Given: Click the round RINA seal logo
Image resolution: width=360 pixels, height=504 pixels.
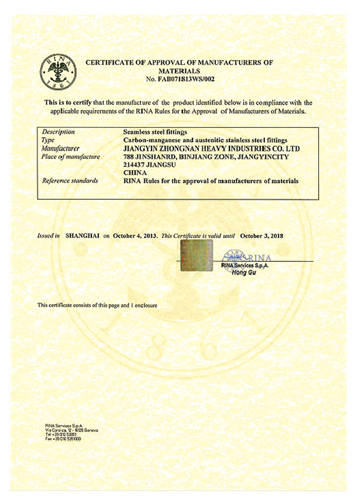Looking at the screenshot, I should coord(58,74).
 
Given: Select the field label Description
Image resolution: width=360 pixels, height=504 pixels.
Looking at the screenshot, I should coord(58,132).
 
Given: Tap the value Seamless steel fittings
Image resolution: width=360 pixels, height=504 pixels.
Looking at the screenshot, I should coord(155,132).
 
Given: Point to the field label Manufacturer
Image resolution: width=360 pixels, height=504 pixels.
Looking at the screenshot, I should coord(60,148).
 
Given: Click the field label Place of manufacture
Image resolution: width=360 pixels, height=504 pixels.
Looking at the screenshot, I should coord(71,156).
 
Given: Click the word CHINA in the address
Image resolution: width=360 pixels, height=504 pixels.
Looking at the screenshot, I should coord(135,172).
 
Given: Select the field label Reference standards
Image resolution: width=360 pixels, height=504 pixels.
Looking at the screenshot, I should coord(70,181).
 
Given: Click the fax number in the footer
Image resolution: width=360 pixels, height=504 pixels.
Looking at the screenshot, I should coord(66,440).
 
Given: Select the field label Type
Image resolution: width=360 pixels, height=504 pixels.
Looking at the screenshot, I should coord(48,140).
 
